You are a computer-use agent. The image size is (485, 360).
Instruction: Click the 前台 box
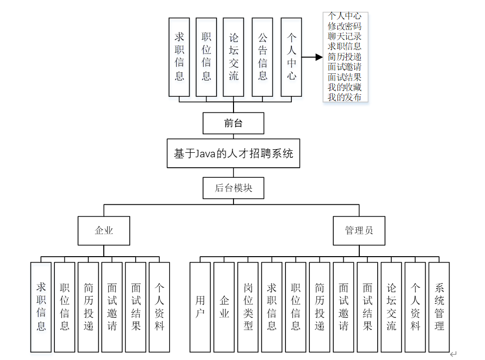tap(233, 123)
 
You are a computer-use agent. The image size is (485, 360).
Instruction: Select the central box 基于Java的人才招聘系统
tap(233, 153)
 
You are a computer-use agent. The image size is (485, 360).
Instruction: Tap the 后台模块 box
tap(233, 188)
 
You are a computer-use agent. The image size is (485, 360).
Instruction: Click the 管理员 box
tap(359, 231)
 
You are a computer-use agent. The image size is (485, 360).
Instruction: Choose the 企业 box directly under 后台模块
tap(104, 231)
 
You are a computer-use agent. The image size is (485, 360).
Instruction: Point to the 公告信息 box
tap(262, 57)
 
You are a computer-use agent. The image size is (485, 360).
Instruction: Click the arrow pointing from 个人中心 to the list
tap(312, 57)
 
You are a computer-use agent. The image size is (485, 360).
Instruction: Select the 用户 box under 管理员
tap(200, 307)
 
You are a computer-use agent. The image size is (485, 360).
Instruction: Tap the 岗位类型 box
tap(248, 307)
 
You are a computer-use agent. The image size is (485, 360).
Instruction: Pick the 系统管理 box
tap(439, 307)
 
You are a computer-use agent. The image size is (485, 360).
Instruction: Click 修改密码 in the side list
tap(345, 26)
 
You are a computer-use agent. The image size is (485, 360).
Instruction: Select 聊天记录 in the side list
tap(345, 36)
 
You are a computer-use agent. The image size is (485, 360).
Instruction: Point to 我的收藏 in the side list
tap(345, 87)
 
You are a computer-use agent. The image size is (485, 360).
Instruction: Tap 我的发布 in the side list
tap(345, 97)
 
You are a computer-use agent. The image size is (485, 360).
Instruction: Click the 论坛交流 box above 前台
tap(234, 57)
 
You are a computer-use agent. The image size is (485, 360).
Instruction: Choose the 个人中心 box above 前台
tap(291, 57)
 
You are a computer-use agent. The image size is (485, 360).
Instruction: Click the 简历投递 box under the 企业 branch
tap(88, 307)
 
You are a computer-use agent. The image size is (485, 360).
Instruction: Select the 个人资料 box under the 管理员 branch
tap(415, 307)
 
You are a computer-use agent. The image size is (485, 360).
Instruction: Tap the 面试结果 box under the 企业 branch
tap(136, 307)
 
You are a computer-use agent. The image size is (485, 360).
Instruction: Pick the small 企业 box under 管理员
tap(224, 307)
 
